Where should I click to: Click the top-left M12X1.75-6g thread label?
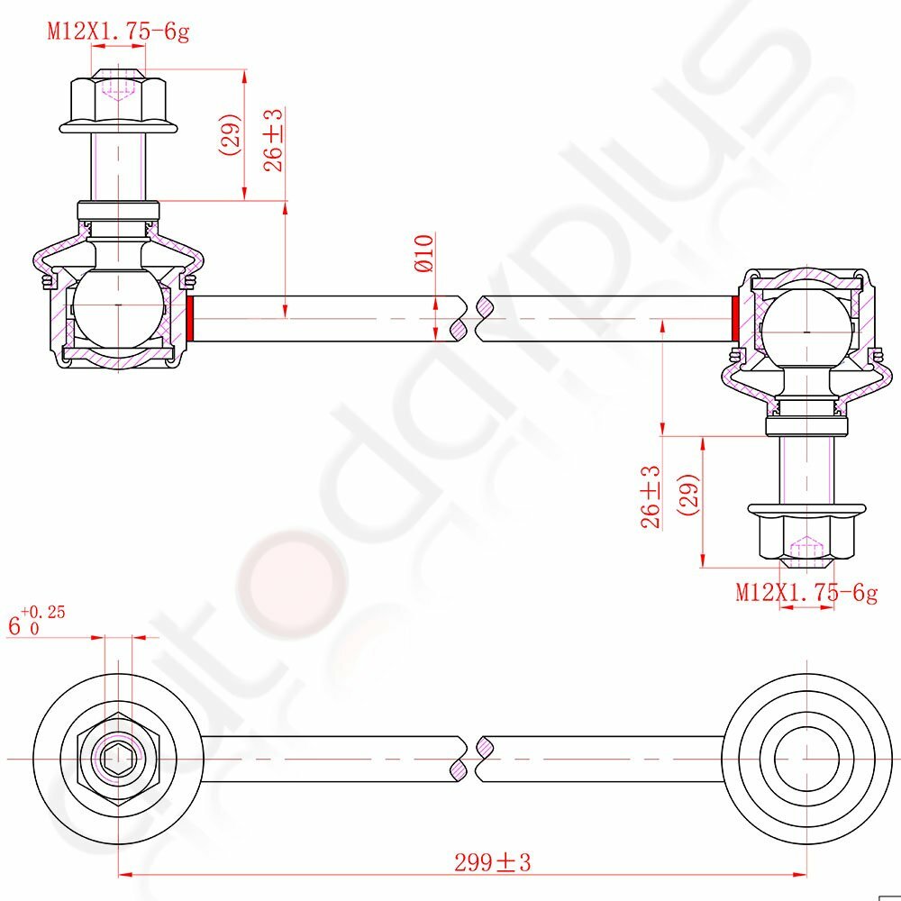118,31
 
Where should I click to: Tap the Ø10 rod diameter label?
424,253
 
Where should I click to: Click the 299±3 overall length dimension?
493,862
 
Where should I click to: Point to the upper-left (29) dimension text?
229,134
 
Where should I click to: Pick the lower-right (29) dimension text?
688,495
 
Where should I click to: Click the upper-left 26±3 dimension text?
274,141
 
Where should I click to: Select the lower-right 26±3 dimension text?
651,497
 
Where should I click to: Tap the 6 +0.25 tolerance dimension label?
36,621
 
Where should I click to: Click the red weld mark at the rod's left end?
190,318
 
